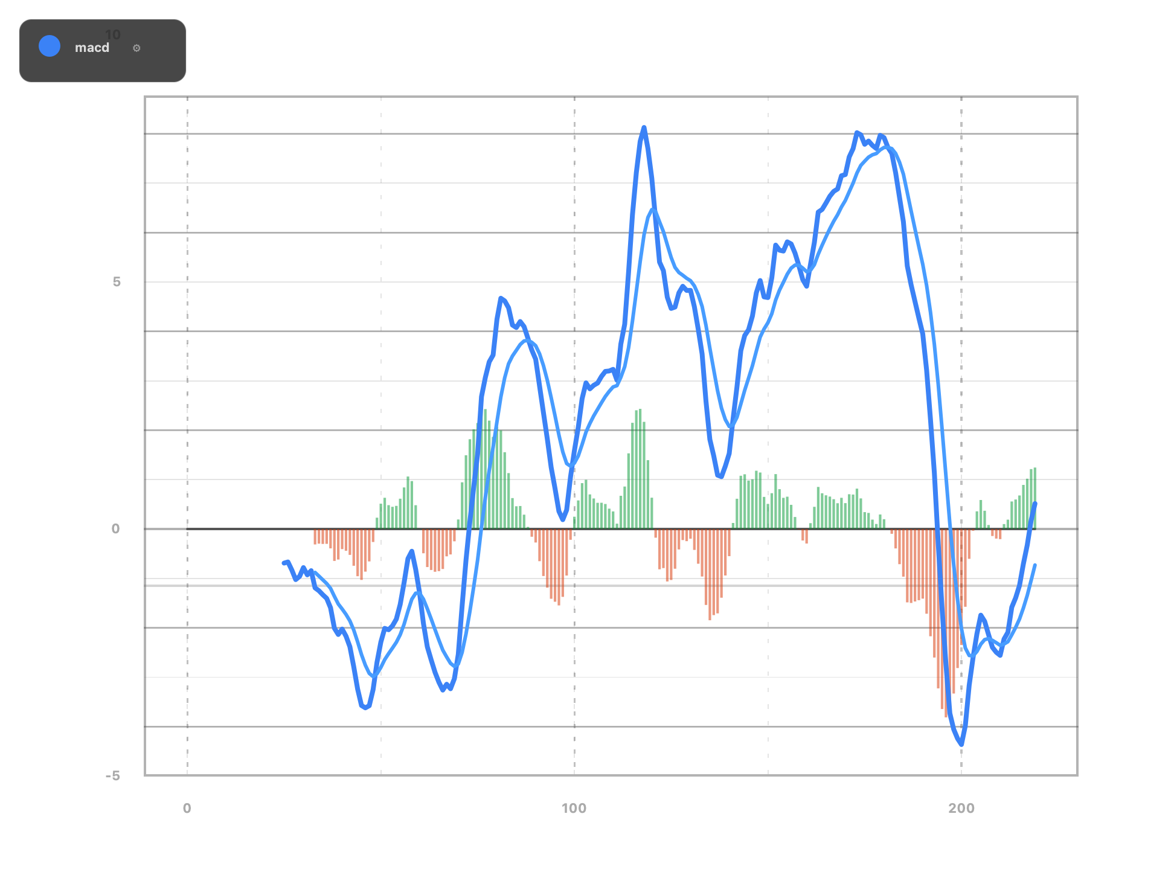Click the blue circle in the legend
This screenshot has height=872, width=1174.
coord(50,46)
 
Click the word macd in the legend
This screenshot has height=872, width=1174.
coord(92,48)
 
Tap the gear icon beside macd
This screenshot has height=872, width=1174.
coord(136,48)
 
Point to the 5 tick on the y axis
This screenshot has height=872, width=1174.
coord(117,282)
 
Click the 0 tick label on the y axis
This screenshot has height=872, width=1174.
coord(115,529)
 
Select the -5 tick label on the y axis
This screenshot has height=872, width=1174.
coord(113,776)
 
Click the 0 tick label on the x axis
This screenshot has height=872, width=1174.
coord(187,809)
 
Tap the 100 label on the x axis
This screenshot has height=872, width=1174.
coord(574,809)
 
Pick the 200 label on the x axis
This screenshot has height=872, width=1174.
coord(961,809)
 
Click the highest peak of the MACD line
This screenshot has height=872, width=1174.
coord(644,127)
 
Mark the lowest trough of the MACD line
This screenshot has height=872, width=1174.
coord(961,745)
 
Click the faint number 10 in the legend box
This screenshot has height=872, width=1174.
coord(113,35)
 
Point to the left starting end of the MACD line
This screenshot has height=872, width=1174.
coord(283,563)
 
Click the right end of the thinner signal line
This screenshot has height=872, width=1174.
coord(1035,565)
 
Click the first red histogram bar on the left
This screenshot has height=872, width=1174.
coord(315,537)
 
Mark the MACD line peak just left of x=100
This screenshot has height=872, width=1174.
coord(501,297)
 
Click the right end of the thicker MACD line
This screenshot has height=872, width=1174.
coord(1036,503)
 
